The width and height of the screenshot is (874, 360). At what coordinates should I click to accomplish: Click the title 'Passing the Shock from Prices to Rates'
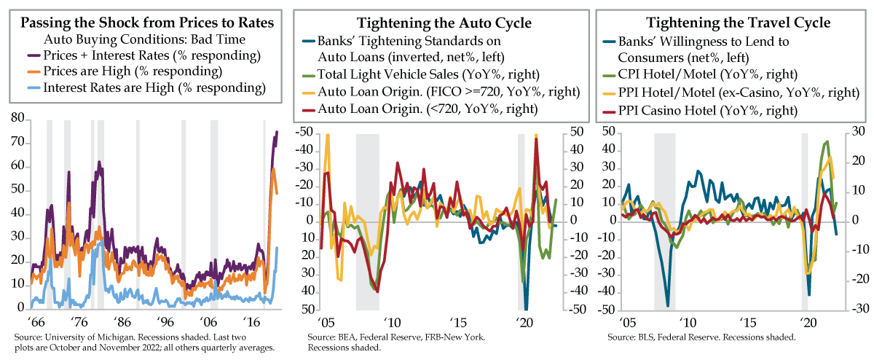(x=147, y=23)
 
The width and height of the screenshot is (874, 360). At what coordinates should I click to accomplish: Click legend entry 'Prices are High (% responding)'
(x=154, y=71)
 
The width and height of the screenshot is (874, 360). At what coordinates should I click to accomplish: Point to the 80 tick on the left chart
(x=17, y=119)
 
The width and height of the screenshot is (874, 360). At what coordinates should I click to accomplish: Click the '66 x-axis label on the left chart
(x=34, y=321)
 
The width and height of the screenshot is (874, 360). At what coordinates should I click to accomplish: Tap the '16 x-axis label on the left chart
(x=251, y=321)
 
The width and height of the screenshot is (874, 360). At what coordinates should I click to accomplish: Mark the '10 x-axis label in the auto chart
(x=392, y=321)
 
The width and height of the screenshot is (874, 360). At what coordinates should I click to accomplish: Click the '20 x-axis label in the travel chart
(x=805, y=321)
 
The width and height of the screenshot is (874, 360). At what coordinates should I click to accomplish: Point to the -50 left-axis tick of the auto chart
(x=304, y=132)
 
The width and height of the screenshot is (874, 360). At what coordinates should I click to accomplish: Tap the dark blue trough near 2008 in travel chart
(x=667, y=305)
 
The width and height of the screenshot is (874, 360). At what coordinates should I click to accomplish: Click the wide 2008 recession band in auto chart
(x=368, y=219)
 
